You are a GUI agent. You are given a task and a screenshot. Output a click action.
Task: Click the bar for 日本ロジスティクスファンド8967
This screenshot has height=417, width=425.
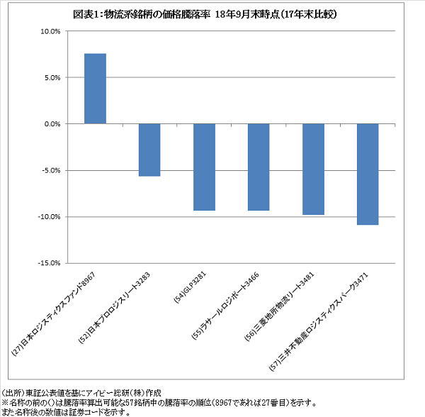95,89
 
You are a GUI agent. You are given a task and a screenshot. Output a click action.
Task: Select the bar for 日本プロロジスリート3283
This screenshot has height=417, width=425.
149,150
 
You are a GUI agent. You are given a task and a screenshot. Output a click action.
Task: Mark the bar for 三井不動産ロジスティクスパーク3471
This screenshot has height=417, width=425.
368,174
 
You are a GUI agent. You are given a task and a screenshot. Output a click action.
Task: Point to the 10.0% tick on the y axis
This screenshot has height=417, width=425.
50,31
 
